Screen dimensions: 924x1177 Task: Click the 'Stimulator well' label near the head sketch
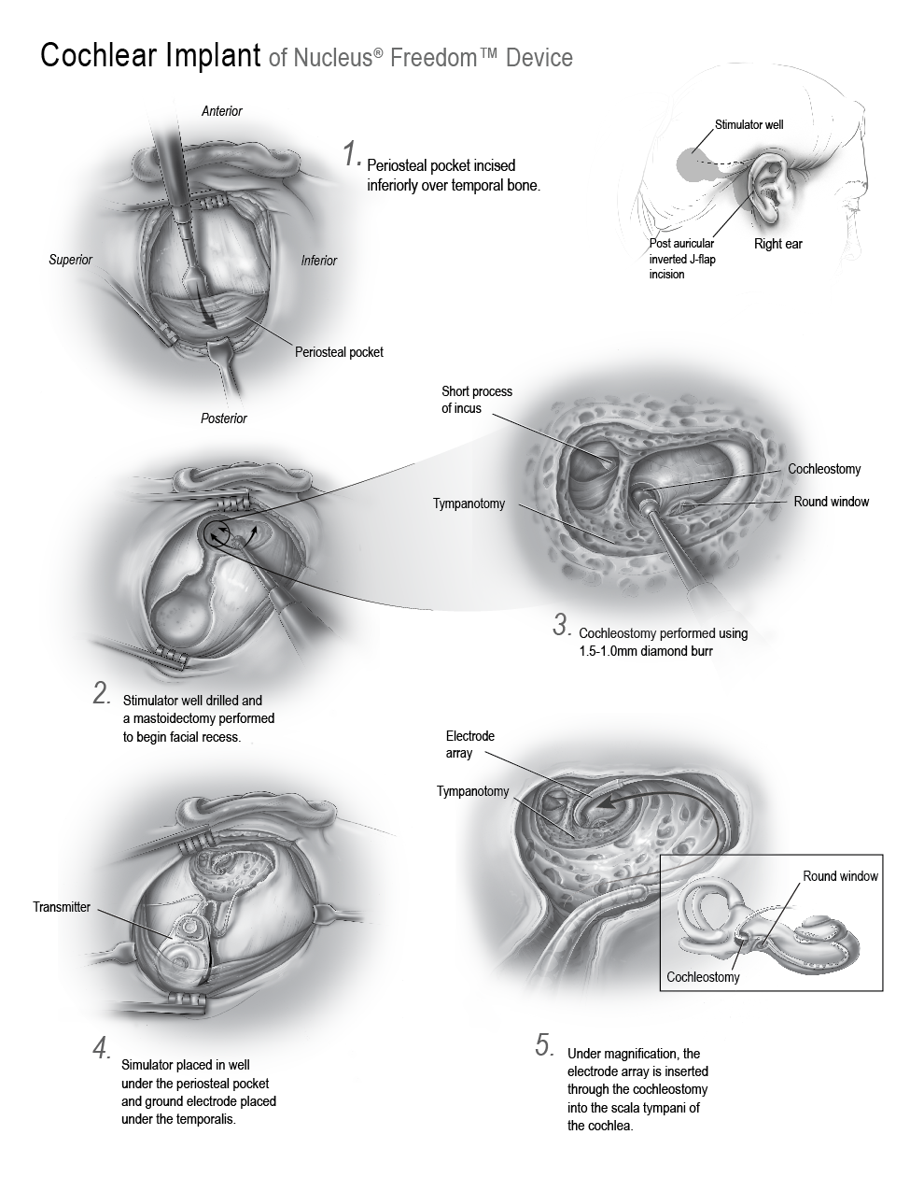749,124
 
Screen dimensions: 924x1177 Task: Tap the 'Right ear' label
778,244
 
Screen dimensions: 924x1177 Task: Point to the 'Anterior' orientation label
222,111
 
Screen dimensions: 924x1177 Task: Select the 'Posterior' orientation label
223,418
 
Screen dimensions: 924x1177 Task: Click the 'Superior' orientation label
70,260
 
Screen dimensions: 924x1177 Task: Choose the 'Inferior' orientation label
318,261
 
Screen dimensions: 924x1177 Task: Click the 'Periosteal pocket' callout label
339,352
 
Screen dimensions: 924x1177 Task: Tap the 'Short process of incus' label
477,400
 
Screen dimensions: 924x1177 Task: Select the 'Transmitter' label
61,907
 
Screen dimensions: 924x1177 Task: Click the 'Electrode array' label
469,744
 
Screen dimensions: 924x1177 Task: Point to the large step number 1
352,153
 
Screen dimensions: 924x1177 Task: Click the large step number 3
562,625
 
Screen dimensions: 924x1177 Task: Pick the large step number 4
102,1049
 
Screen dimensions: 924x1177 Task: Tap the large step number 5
544,1045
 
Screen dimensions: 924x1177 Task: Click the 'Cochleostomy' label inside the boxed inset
703,976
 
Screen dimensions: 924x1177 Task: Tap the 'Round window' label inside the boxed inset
840,876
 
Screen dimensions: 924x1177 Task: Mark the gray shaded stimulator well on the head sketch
694,164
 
